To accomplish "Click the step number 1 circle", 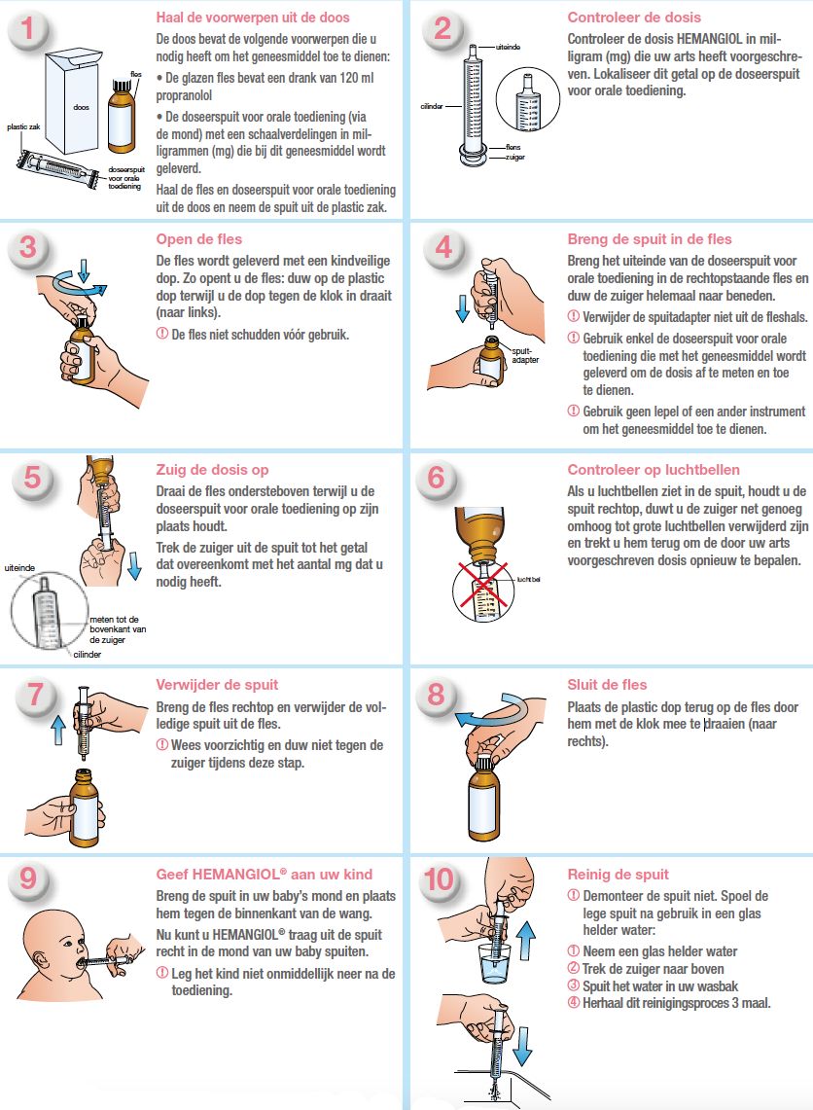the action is tap(28, 29).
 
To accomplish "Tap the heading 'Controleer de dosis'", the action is tap(634, 18).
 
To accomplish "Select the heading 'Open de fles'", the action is tap(198, 239).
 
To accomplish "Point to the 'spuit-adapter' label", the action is tap(525, 355).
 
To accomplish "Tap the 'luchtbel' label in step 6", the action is tap(529, 579).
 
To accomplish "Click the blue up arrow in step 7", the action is tap(58, 730).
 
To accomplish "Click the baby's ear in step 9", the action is tap(41, 960).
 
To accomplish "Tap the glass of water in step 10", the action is tap(495, 962).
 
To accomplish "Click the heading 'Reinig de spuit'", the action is tap(618, 875).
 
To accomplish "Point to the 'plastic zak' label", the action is tap(23, 126).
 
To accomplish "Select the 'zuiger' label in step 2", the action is tap(515, 158).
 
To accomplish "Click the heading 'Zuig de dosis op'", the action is tap(212, 470).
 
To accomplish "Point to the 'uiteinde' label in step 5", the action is tap(19, 568).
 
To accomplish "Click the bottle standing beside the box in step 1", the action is tap(121, 116).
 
